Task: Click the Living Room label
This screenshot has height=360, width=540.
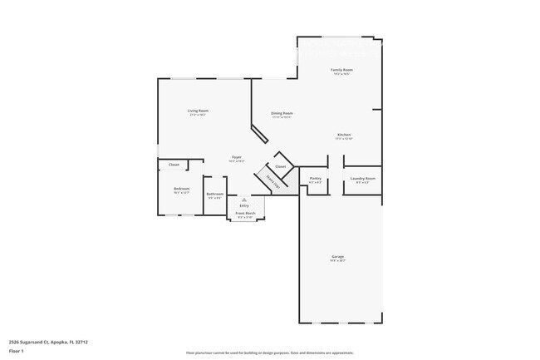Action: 197,111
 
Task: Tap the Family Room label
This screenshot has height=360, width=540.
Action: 341,70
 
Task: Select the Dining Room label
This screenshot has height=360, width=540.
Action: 282,113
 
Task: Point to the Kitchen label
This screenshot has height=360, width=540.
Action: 344,135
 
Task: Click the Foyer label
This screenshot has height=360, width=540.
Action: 237,156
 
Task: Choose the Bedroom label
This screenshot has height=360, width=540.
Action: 181,189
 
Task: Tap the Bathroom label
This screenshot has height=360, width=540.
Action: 215,194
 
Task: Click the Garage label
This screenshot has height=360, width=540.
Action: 338,257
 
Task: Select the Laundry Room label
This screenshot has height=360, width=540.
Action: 362,178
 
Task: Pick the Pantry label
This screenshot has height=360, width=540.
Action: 315,178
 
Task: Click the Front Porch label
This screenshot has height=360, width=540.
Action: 244,214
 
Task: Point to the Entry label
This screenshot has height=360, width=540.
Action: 244,205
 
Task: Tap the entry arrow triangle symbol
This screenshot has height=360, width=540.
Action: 244,200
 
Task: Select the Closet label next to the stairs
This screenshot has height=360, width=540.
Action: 281,166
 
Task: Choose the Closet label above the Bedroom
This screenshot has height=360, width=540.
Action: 174,165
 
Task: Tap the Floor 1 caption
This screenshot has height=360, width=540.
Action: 17,352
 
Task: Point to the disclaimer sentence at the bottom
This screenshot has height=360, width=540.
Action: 269,353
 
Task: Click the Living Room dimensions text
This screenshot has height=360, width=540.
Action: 197,115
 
